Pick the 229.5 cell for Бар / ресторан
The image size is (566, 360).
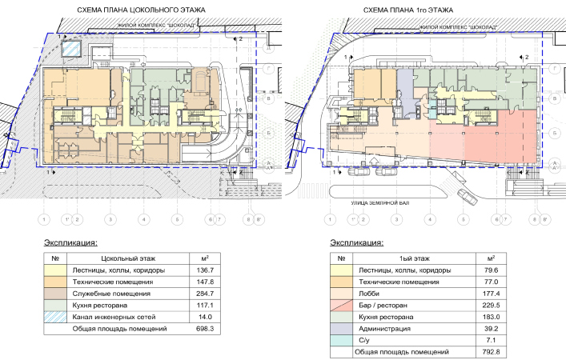coord(489,305)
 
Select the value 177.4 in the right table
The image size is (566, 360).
coord(489,294)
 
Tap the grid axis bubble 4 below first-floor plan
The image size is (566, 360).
coord(429,218)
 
